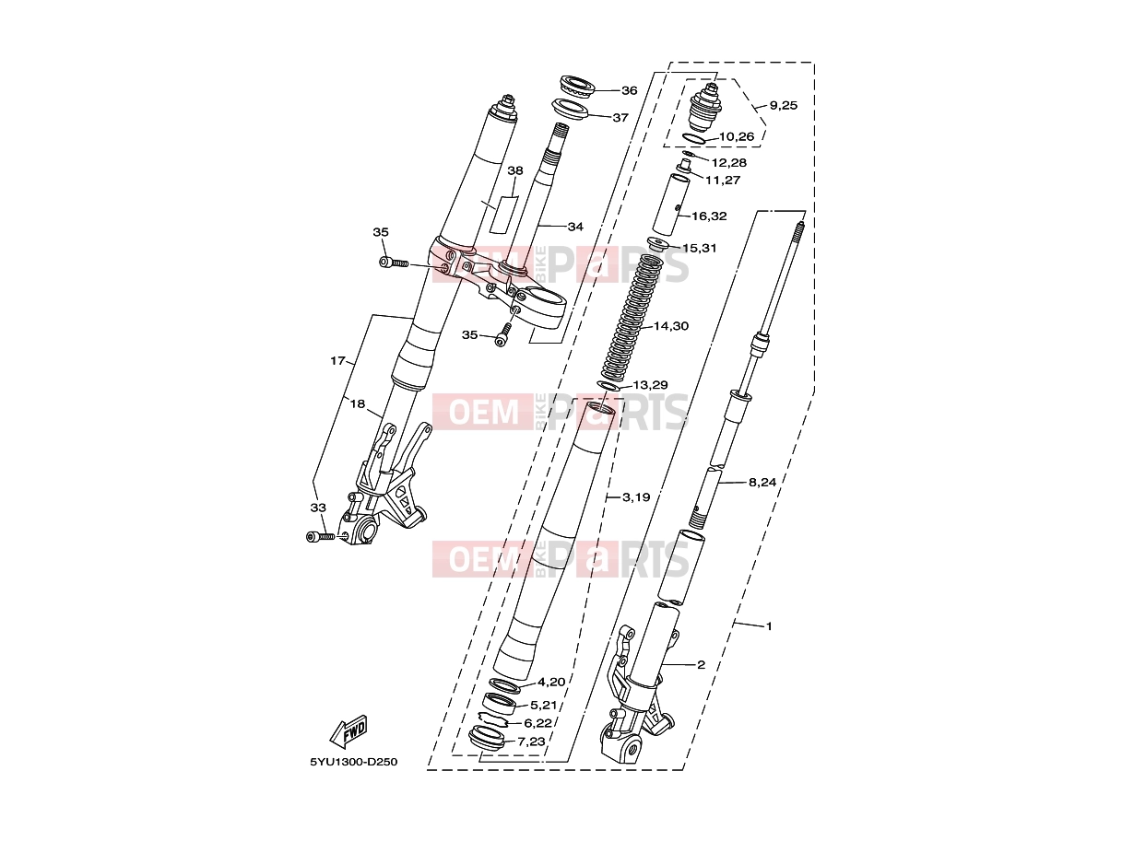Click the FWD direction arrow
coord(348,731)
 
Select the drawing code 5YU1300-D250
coord(353,762)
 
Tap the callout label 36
coord(630,90)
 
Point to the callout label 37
coord(620,117)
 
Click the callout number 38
coord(515,170)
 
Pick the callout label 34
coord(575,227)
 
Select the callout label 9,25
coord(783,105)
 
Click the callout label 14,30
coord(671,326)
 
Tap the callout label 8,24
coord(762,482)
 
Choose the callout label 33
coord(318,508)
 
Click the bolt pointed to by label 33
coord(320,537)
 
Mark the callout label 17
coord(337,360)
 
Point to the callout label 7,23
coord(531,741)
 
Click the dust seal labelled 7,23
coord(486,737)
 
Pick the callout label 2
coord(701,664)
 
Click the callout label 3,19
coord(636,496)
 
